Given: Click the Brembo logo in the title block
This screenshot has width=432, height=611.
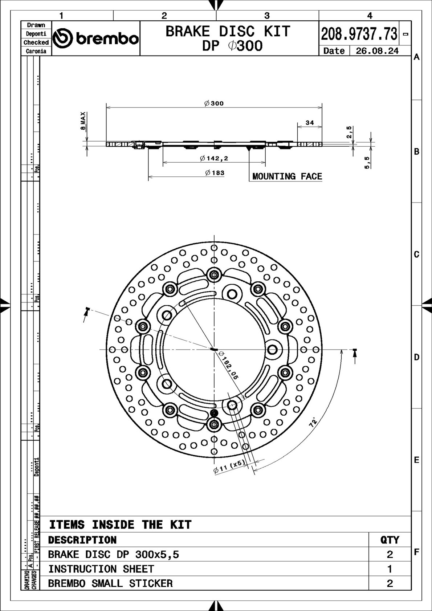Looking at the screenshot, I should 96,38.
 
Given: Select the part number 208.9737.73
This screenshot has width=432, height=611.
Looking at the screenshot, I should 359,34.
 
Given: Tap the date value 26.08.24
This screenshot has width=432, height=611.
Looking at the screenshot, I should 377,51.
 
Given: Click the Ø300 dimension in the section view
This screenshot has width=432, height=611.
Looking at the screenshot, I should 214,103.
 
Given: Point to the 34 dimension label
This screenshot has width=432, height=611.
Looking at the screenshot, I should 310,123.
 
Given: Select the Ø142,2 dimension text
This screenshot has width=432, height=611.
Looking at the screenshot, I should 214,158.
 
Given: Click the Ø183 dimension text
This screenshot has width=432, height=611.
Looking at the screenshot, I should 215,173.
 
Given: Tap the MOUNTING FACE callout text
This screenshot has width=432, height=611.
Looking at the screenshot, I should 287,176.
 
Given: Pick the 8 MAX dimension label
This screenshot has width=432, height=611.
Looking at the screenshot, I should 83,121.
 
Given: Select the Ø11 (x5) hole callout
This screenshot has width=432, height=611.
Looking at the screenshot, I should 229,467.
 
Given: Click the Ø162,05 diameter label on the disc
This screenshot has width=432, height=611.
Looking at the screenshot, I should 229,366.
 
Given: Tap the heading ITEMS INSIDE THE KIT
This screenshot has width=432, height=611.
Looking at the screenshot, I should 120,525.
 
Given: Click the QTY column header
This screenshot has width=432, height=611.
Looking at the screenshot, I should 390,540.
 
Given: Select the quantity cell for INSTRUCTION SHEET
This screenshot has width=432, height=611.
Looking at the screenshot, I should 390,569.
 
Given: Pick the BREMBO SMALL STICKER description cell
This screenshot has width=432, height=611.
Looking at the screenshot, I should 110,583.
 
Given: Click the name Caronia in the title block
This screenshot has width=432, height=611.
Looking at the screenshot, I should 36,51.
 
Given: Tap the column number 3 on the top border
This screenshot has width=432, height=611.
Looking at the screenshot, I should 267,16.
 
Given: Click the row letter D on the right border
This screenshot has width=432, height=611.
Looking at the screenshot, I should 416,357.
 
